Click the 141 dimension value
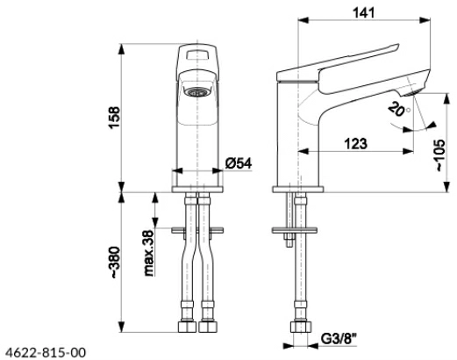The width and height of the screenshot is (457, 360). [363, 12]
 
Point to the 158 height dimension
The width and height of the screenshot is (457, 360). [114, 118]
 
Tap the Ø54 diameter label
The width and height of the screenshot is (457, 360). [239, 163]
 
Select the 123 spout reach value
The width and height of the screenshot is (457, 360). [355, 144]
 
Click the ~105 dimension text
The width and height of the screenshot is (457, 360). [440, 155]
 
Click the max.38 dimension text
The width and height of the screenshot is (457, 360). [149, 254]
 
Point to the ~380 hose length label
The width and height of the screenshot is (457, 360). [114, 263]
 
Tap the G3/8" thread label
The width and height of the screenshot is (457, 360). [339, 339]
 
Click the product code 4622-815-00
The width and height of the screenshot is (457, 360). [46, 352]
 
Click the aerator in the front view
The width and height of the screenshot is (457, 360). [197, 92]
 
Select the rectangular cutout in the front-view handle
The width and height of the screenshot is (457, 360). [197, 54]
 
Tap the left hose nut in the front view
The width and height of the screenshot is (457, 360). [187, 327]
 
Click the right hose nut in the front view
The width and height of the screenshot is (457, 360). [208, 327]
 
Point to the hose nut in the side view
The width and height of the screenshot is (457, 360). [301, 327]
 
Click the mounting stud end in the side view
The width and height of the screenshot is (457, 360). [289, 242]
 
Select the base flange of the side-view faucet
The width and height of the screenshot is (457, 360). [298, 190]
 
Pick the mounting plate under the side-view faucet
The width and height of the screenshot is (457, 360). [295, 230]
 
